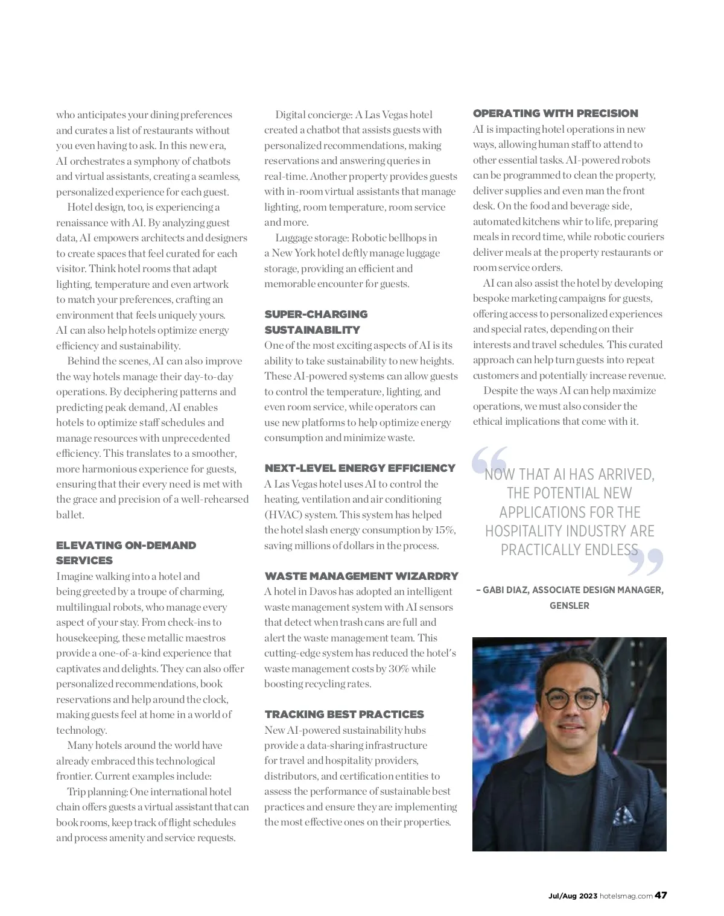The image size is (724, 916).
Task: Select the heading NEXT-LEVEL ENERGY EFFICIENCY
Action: click(x=360, y=468)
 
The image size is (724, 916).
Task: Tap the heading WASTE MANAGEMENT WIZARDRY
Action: click(x=361, y=576)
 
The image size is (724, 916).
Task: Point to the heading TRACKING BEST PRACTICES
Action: click(x=344, y=714)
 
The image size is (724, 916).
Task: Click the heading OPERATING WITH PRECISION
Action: click(x=555, y=113)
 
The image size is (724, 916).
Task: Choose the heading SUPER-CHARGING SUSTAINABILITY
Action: click(x=316, y=322)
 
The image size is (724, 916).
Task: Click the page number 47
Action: click(x=661, y=895)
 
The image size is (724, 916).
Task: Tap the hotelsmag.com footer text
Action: click(x=626, y=896)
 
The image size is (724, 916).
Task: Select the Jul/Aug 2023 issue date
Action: click(x=572, y=896)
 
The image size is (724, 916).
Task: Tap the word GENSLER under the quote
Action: click(x=569, y=606)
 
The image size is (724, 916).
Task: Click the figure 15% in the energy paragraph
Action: click(x=445, y=530)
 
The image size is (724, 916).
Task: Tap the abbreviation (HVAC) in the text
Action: click(x=282, y=515)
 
